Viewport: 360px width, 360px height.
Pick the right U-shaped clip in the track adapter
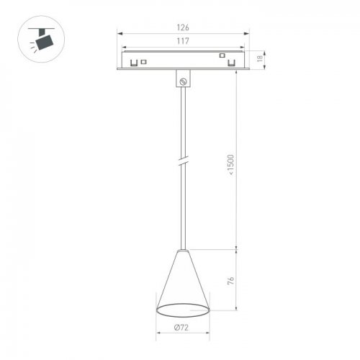click(x=232, y=63)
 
